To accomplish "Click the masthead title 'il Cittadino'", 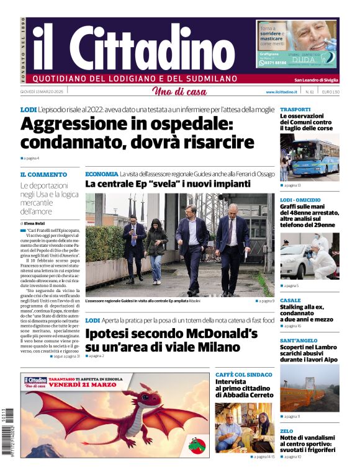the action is pos(133,47).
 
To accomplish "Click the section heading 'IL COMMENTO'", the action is pos(43,175).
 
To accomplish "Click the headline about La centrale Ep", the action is pos(168,184).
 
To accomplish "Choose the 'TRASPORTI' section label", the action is pos(295,109).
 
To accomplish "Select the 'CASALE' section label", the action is pos(290,300).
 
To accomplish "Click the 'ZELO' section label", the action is pos(286,431).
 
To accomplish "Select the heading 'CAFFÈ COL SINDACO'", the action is pos(243,375).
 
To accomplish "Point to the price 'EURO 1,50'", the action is pos(330,92).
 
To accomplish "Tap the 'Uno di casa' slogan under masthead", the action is pos(179,92).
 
